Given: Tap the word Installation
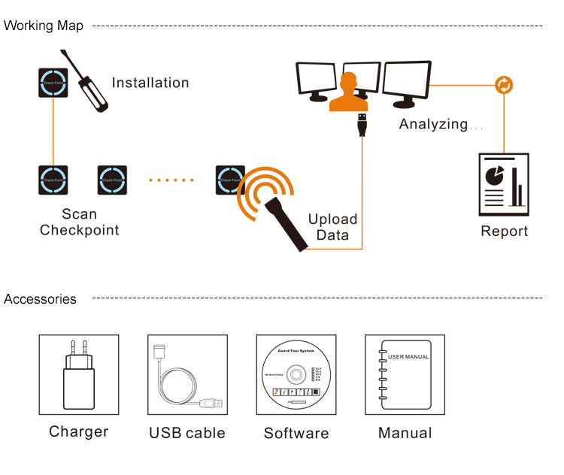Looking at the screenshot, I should [x=150, y=83].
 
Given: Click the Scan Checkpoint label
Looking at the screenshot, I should [x=79, y=222].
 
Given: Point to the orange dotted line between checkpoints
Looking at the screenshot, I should [x=171, y=180].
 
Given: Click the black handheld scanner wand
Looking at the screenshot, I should [x=290, y=219].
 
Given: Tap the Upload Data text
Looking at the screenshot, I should [x=332, y=227].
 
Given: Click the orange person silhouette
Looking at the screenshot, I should [x=347, y=94].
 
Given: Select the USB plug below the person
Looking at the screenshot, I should [x=362, y=125].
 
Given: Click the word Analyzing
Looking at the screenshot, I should [x=433, y=125].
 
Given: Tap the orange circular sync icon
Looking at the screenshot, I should [x=504, y=85].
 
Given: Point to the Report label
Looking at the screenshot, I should [x=504, y=231].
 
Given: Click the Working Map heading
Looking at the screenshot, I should [x=44, y=26].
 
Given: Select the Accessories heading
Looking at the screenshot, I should [x=40, y=299].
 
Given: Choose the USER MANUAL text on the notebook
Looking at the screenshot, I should [x=408, y=356].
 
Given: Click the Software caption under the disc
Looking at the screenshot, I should [x=296, y=434].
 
